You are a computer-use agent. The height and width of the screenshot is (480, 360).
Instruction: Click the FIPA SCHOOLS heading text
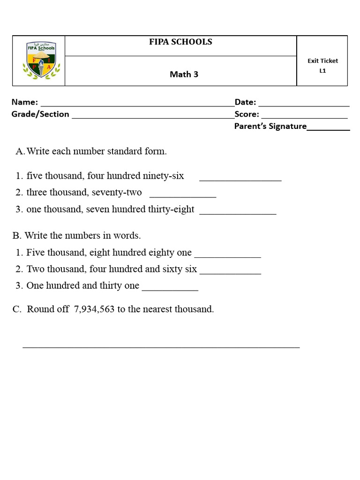click(x=180, y=42)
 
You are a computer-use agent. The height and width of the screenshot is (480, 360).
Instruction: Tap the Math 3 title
click(x=184, y=74)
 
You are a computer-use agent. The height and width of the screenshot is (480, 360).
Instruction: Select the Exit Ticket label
click(x=322, y=60)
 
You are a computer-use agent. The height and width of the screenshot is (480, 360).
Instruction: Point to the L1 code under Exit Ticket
click(x=322, y=71)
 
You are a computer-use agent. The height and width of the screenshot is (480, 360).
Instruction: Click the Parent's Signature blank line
click(x=328, y=129)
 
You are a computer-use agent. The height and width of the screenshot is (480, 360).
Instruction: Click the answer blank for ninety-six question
click(x=240, y=179)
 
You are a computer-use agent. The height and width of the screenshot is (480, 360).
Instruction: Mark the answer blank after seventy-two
click(x=183, y=196)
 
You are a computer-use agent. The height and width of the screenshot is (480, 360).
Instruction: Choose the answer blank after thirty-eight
click(x=238, y=213)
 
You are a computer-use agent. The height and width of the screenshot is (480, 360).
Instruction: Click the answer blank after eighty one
click(x=227, y=256)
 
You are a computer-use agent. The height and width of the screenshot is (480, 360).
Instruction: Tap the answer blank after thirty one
click(x=170, y=289)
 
